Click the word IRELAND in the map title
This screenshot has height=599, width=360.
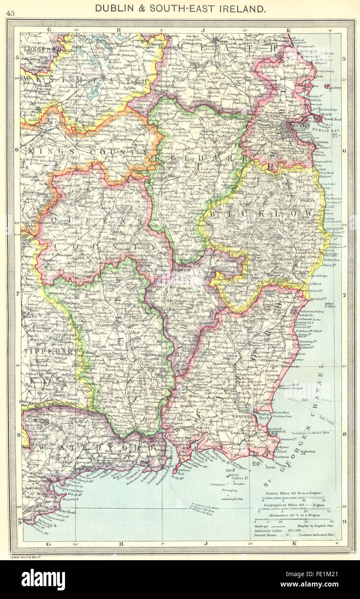pyautogui.click(x=242, y=8)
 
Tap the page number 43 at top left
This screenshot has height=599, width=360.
pyautogui.click(x=10, y=13)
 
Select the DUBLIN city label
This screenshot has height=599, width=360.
pyautogui.click(x=301, y=126)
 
